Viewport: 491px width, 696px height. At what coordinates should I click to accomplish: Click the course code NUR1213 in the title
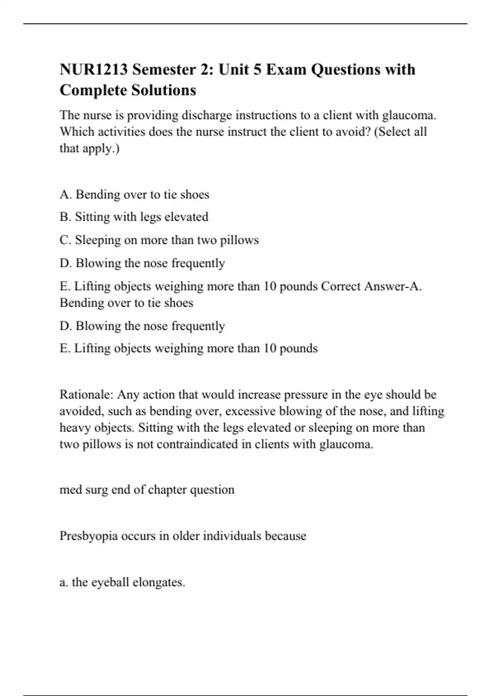[x=93, y=70]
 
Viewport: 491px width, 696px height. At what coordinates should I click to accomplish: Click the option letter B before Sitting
[x=65, y=217]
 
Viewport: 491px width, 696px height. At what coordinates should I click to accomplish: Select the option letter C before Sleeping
[x=65, y=240]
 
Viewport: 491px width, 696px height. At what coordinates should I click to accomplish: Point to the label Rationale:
[x=86, y=395]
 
